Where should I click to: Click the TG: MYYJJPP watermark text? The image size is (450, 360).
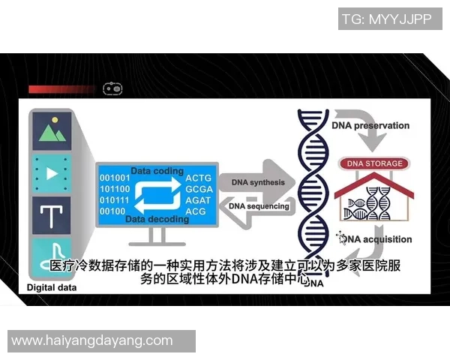386,19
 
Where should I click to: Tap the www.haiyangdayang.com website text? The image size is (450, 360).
92,340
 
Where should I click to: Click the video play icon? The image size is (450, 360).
51,174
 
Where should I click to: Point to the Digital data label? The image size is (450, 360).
52,287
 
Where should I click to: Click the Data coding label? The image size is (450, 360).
157,171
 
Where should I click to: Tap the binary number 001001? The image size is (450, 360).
115,178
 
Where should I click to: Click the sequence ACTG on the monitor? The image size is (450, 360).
199,178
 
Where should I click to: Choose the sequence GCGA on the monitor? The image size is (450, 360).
199,189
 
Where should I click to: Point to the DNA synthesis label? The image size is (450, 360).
257,182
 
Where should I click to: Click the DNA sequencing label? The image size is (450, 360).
257,205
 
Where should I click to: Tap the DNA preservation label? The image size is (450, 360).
370,126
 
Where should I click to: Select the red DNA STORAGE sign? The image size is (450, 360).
374,163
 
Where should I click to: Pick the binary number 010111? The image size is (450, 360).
115,200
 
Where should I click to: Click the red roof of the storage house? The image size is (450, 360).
374,181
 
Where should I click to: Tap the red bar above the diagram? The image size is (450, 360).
63,89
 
